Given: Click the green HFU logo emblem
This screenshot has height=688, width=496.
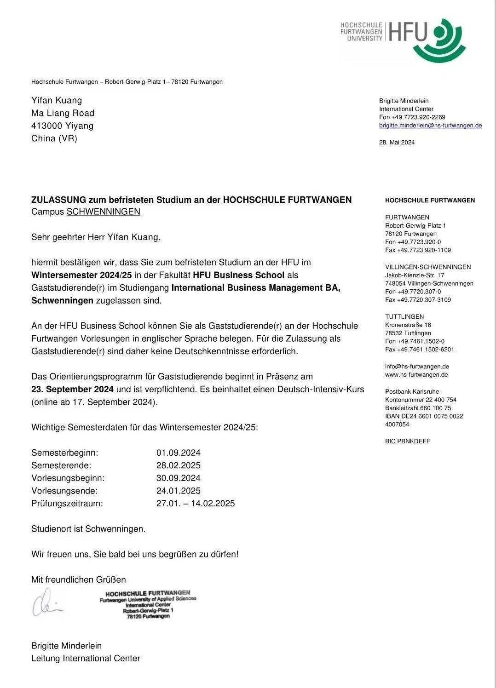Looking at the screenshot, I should (444, 40).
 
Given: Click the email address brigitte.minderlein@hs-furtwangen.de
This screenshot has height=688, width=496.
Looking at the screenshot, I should (430, 125).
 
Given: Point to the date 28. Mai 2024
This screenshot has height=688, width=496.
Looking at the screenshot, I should (397, 142).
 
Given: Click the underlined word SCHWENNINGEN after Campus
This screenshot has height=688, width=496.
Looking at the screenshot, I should (104, 212).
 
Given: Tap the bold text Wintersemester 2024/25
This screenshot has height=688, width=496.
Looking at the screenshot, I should (81, 275).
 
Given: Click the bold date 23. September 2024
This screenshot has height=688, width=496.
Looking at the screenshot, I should (72, 389).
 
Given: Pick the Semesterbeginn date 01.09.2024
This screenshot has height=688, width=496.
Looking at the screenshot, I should (179, 453).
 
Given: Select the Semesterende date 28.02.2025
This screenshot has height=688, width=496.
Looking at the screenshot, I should (179, 465).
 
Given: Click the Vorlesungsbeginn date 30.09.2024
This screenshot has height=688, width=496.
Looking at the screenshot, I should (179, 478).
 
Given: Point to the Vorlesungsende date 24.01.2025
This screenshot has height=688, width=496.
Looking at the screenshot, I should (179, 491).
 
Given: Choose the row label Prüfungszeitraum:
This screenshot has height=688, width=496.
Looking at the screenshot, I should (67, 503).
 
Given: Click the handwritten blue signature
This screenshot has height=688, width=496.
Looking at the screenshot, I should (46, 602).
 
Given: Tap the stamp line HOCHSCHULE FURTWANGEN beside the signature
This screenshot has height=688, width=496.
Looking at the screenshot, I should (148, 593).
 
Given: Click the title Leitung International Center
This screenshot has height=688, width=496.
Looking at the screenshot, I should (86, 658).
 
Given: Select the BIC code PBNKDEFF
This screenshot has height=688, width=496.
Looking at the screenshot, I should (407, 441).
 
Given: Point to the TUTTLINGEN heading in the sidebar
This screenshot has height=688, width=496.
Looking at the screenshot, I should (404, 316).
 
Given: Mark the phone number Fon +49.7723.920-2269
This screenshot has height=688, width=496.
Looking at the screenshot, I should (412, 117).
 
